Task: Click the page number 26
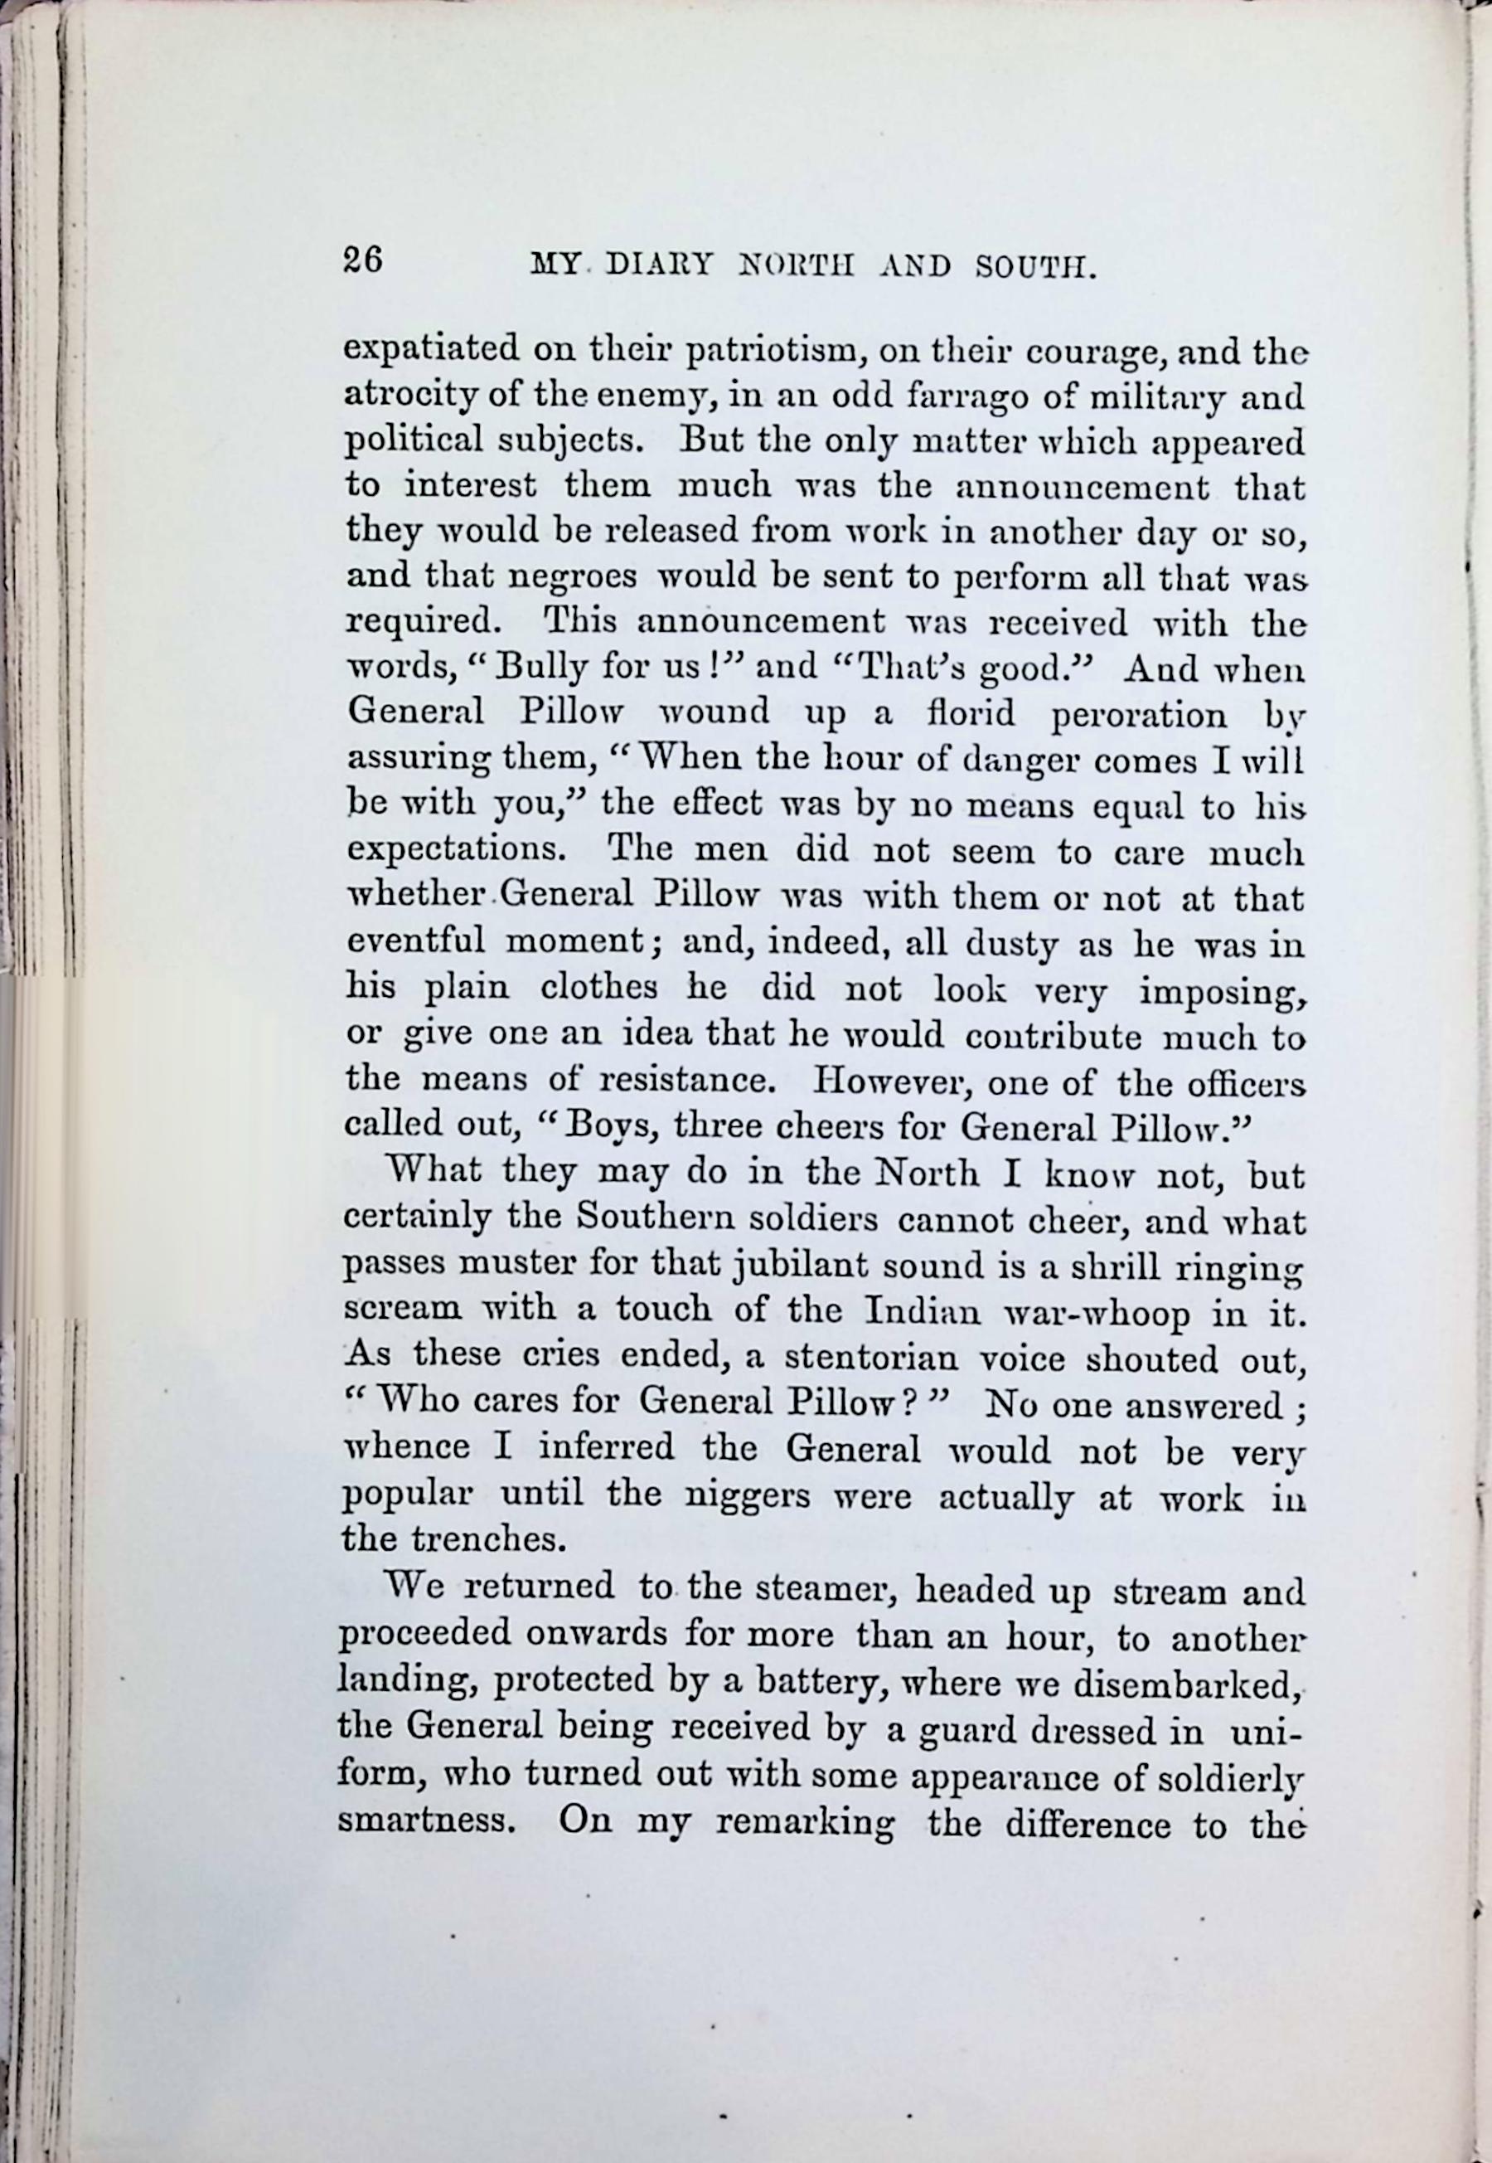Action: pos(363,259)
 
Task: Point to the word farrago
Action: pos(959,396)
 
